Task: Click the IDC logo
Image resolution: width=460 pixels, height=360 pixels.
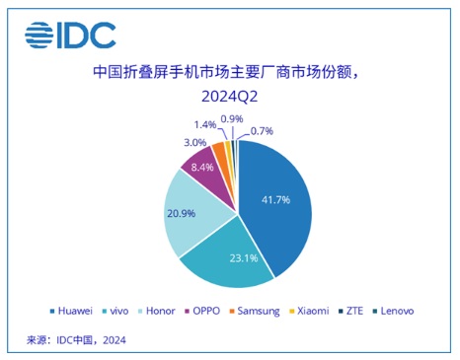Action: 70,36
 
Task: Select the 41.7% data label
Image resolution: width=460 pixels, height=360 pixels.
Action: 275,199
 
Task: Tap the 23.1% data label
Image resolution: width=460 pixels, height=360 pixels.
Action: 244,258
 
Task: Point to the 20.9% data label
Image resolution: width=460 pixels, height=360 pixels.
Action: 181,213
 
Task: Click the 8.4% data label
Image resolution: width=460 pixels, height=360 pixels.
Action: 202,168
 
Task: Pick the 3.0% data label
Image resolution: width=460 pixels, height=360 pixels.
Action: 194,143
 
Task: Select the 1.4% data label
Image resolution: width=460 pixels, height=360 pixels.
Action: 204,125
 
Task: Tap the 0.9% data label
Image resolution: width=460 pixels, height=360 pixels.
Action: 232,118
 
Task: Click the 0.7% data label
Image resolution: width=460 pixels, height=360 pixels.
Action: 262,131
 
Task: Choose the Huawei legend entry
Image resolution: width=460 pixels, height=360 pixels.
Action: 71,311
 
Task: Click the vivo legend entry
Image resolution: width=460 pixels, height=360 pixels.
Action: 115,311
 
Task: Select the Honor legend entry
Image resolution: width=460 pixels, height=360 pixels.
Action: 157,311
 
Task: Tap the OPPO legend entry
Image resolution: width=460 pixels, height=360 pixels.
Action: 202,311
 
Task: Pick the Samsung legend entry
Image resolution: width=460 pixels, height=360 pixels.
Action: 255,312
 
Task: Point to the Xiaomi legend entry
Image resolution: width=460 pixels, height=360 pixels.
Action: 309,311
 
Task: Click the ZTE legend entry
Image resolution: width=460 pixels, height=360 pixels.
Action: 350,311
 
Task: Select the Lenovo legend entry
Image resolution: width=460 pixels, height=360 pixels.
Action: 393,311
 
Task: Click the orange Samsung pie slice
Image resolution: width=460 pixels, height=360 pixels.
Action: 219,150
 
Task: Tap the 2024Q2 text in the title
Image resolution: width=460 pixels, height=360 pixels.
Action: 229,97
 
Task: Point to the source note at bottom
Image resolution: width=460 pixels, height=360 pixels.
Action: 76,339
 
